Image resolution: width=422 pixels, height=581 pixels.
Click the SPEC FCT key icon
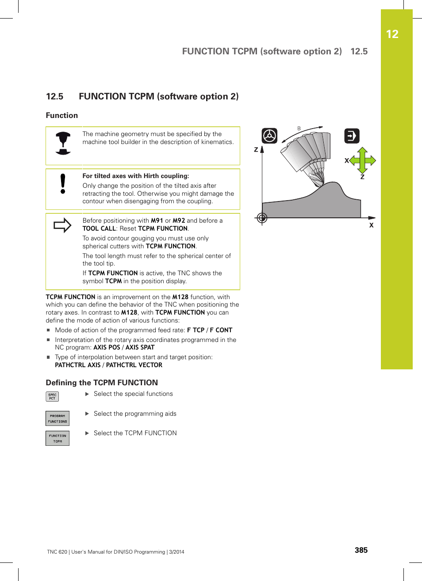click(x=52, y=396)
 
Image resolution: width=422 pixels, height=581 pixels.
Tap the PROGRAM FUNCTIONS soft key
click(x=58, y=418)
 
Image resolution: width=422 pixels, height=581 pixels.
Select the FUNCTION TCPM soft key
click(x=58, y=438)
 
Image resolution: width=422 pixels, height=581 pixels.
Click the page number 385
click(x=361, y=550)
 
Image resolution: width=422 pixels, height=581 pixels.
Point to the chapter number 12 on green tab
click(x=392, y=34)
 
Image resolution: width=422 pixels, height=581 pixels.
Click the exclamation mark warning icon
click(x=63, y=184)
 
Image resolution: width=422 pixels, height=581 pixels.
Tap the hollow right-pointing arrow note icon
click(x=62, y=225)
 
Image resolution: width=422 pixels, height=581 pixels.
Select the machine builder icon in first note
click(x=63, y=143)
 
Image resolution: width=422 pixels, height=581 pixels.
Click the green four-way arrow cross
click(x=362, y=160)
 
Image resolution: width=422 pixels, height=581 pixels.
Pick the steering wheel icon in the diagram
click(x=269, y=136)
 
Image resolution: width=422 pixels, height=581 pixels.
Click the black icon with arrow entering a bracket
click(x=352, y=136)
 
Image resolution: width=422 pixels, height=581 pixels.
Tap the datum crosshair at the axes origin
click(x=262, y=218)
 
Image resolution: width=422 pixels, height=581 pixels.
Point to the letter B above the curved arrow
click(x=299, y=129)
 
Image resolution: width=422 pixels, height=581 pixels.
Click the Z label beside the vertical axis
click(x=256, y=150)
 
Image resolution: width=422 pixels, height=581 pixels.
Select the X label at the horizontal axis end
click(x=371, y=225)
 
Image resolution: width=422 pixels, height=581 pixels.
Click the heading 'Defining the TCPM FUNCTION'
click(x=102, y=383)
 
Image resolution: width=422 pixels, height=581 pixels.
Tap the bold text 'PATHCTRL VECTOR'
click(x=134, y=365)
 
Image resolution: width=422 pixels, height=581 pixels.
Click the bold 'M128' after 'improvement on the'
click(x=180, y=297)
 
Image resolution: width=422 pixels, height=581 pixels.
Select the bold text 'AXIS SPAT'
click(x=140, y=347)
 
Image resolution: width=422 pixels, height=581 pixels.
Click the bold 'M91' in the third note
click(x=157, y=220)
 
